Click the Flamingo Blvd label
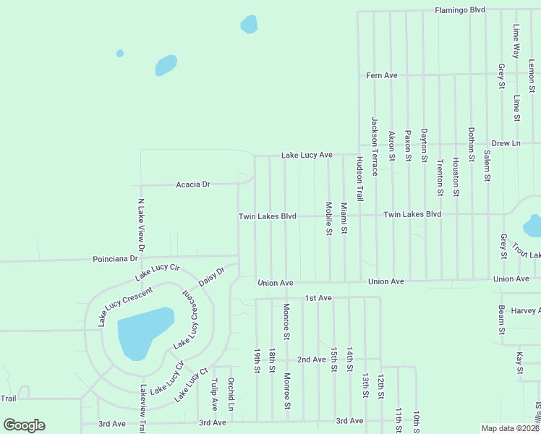coord(460,10)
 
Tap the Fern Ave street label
coord(382,75)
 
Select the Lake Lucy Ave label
coord(307,155)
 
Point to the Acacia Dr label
coord(192,184)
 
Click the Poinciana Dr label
coord(115,258)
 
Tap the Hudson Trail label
coord(359,178)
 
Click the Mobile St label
coord(328,218)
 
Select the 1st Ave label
coord(318,297)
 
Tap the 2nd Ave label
coord(312,359)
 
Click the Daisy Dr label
coord(212,276)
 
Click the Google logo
coord(24,425)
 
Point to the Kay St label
coord(519,364)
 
